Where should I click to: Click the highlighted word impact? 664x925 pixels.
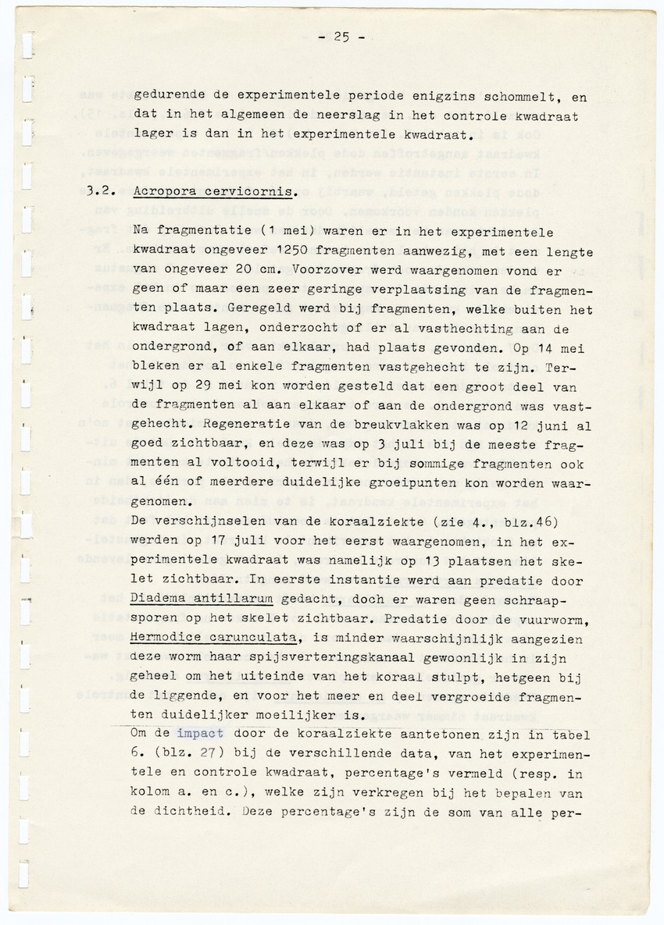(200, 734)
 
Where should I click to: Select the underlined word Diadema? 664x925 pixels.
(156, 599)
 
